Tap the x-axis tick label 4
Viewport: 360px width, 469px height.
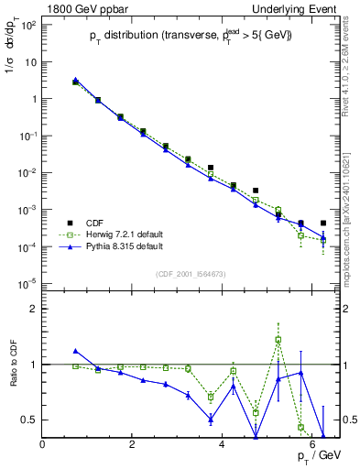pos(223,444)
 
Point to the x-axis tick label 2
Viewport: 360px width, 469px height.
pos(133,444)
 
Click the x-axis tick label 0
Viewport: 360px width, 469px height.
pos(43,444)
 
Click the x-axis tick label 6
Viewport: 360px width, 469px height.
pos(312,444)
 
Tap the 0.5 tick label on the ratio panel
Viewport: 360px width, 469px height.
pos(31,420)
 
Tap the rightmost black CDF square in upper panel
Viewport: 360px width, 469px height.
pos(323,223)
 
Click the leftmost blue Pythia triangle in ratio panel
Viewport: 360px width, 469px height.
pos(76,351)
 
